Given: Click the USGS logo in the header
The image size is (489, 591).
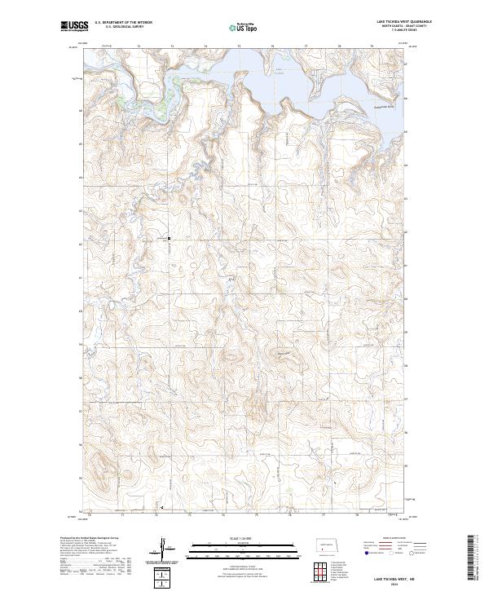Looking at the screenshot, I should tap(71, 26).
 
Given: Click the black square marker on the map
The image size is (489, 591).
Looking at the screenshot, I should tap(169, 238).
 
